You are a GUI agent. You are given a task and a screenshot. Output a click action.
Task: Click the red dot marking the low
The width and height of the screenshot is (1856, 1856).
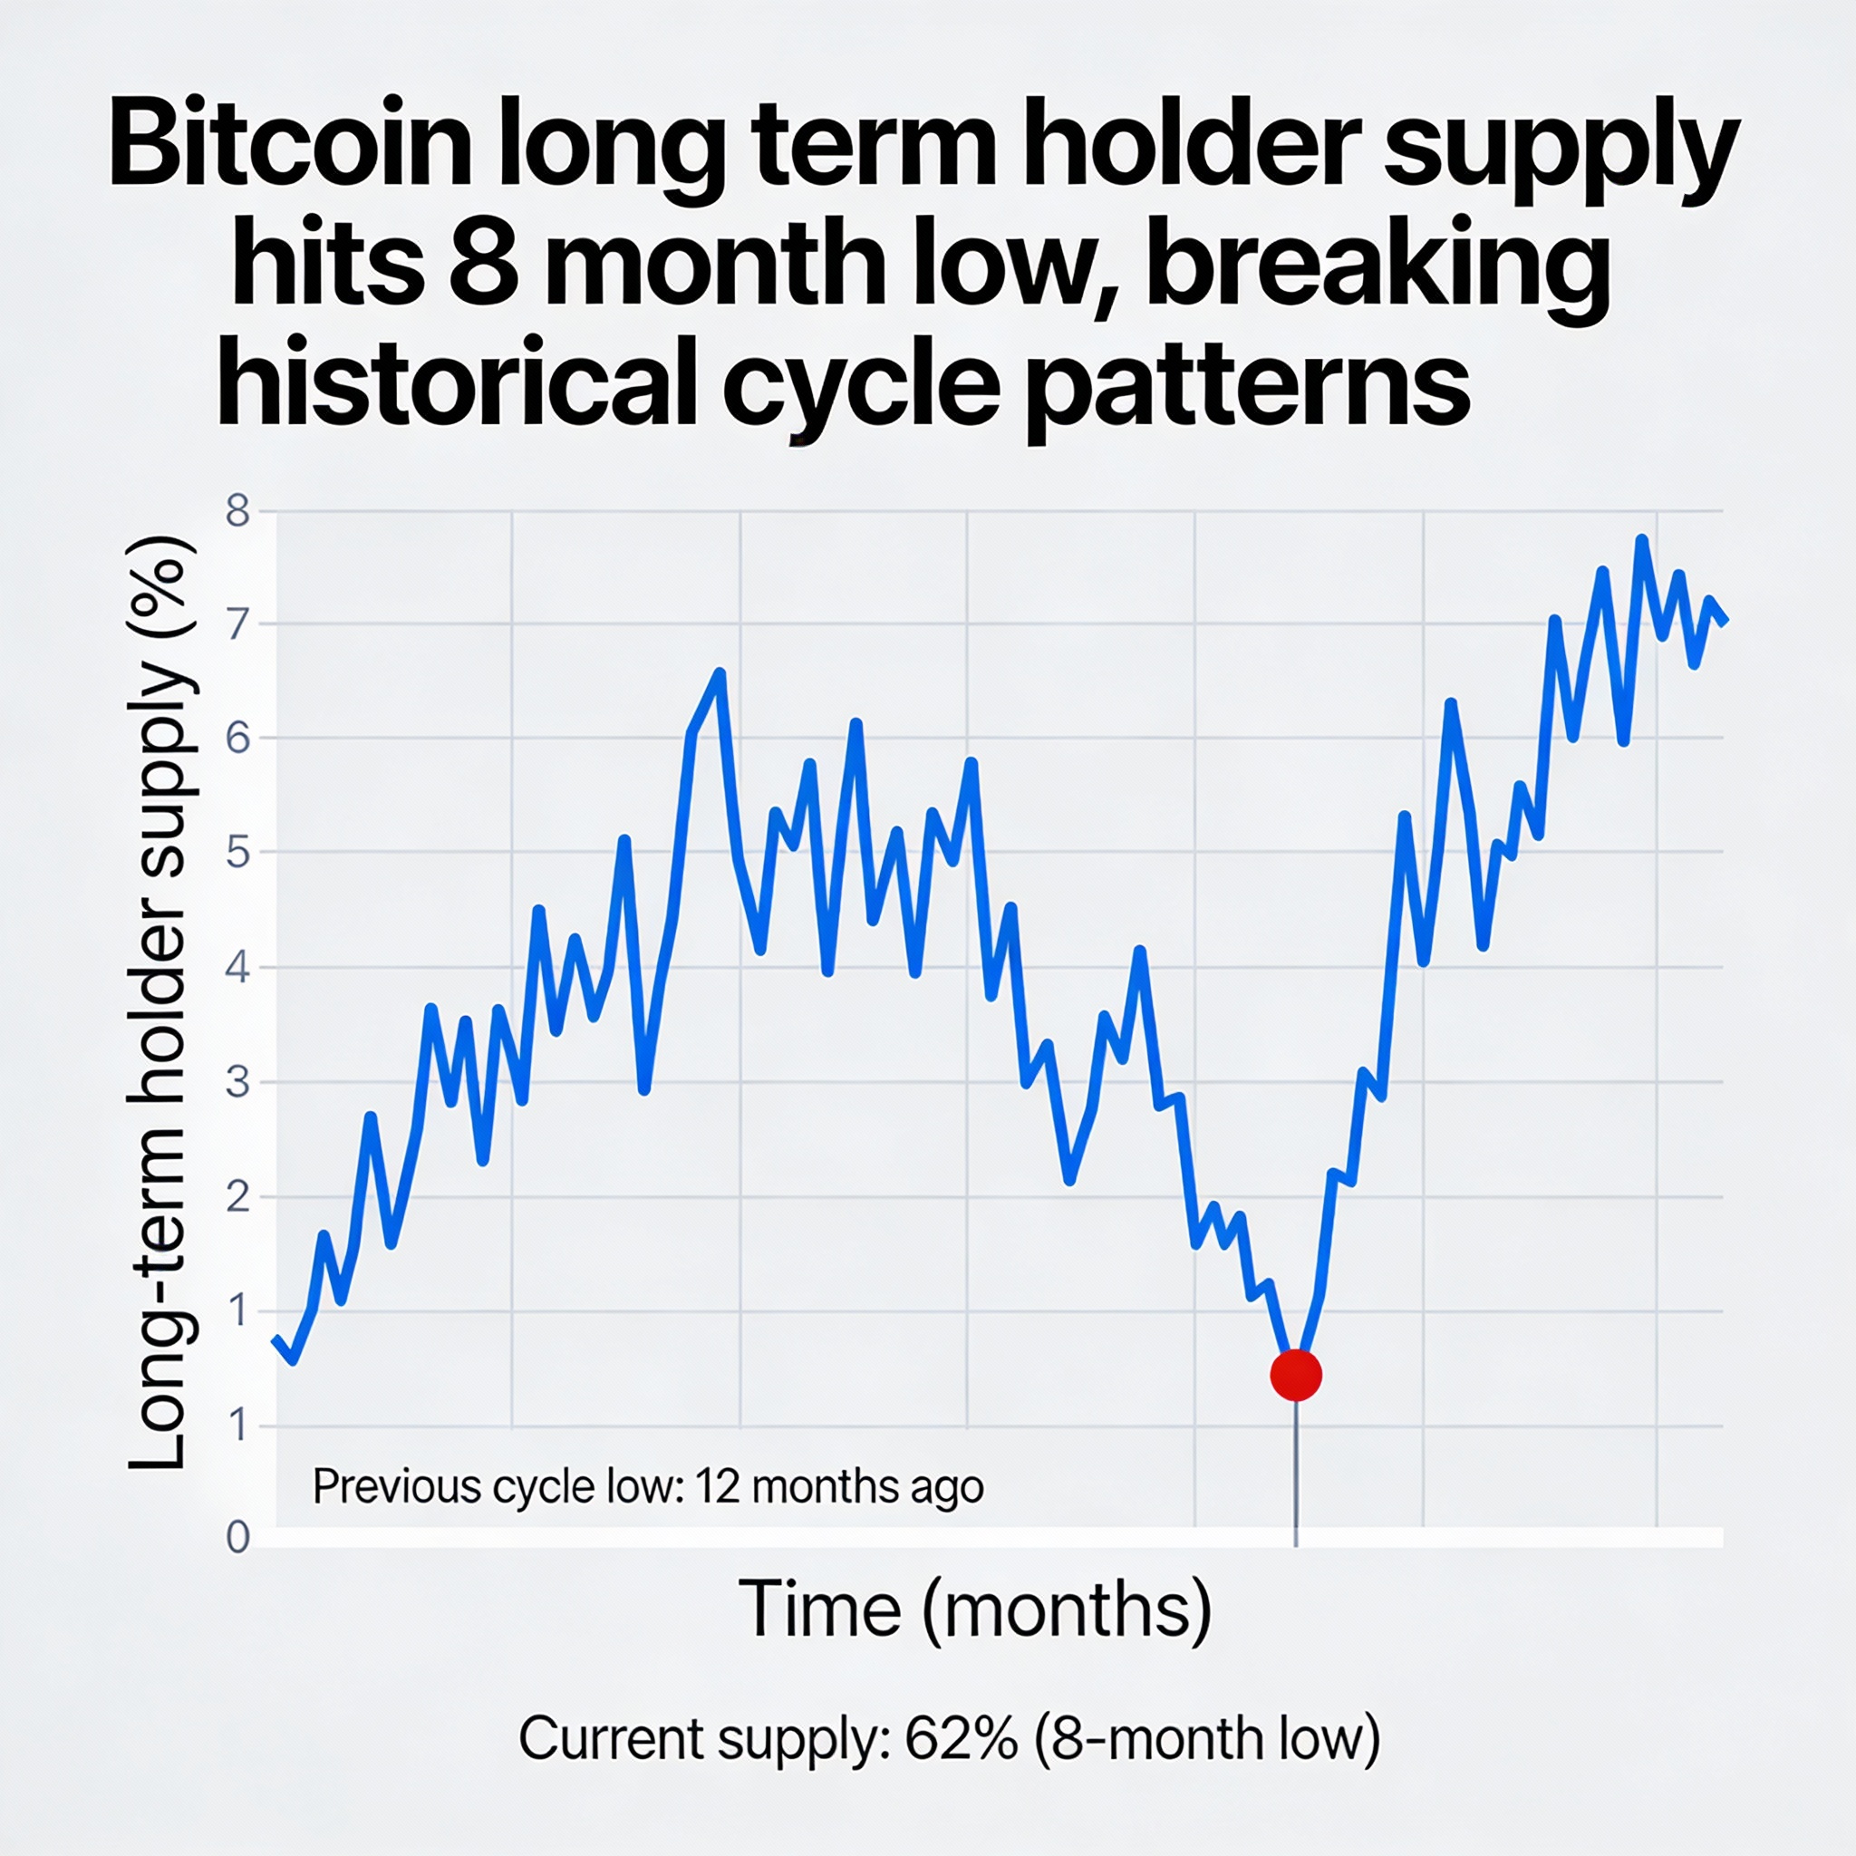(x=1296, y=1375)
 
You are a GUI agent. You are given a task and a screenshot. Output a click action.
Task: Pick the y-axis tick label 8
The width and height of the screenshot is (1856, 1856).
(x=237, y=511)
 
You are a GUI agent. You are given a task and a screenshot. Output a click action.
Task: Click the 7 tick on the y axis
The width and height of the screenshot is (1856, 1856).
(x=237, y=624)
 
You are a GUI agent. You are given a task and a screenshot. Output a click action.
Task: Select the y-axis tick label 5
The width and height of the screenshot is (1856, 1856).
(x=237, y=852)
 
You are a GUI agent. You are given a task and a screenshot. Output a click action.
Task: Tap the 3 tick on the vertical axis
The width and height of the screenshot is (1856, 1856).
(x=237, y=1083)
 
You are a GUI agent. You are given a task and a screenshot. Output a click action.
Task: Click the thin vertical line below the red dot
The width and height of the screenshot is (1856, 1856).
(x=1296, y=1470)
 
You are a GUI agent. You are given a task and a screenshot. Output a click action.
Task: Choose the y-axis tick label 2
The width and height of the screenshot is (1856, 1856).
(x=237, y=1197)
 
